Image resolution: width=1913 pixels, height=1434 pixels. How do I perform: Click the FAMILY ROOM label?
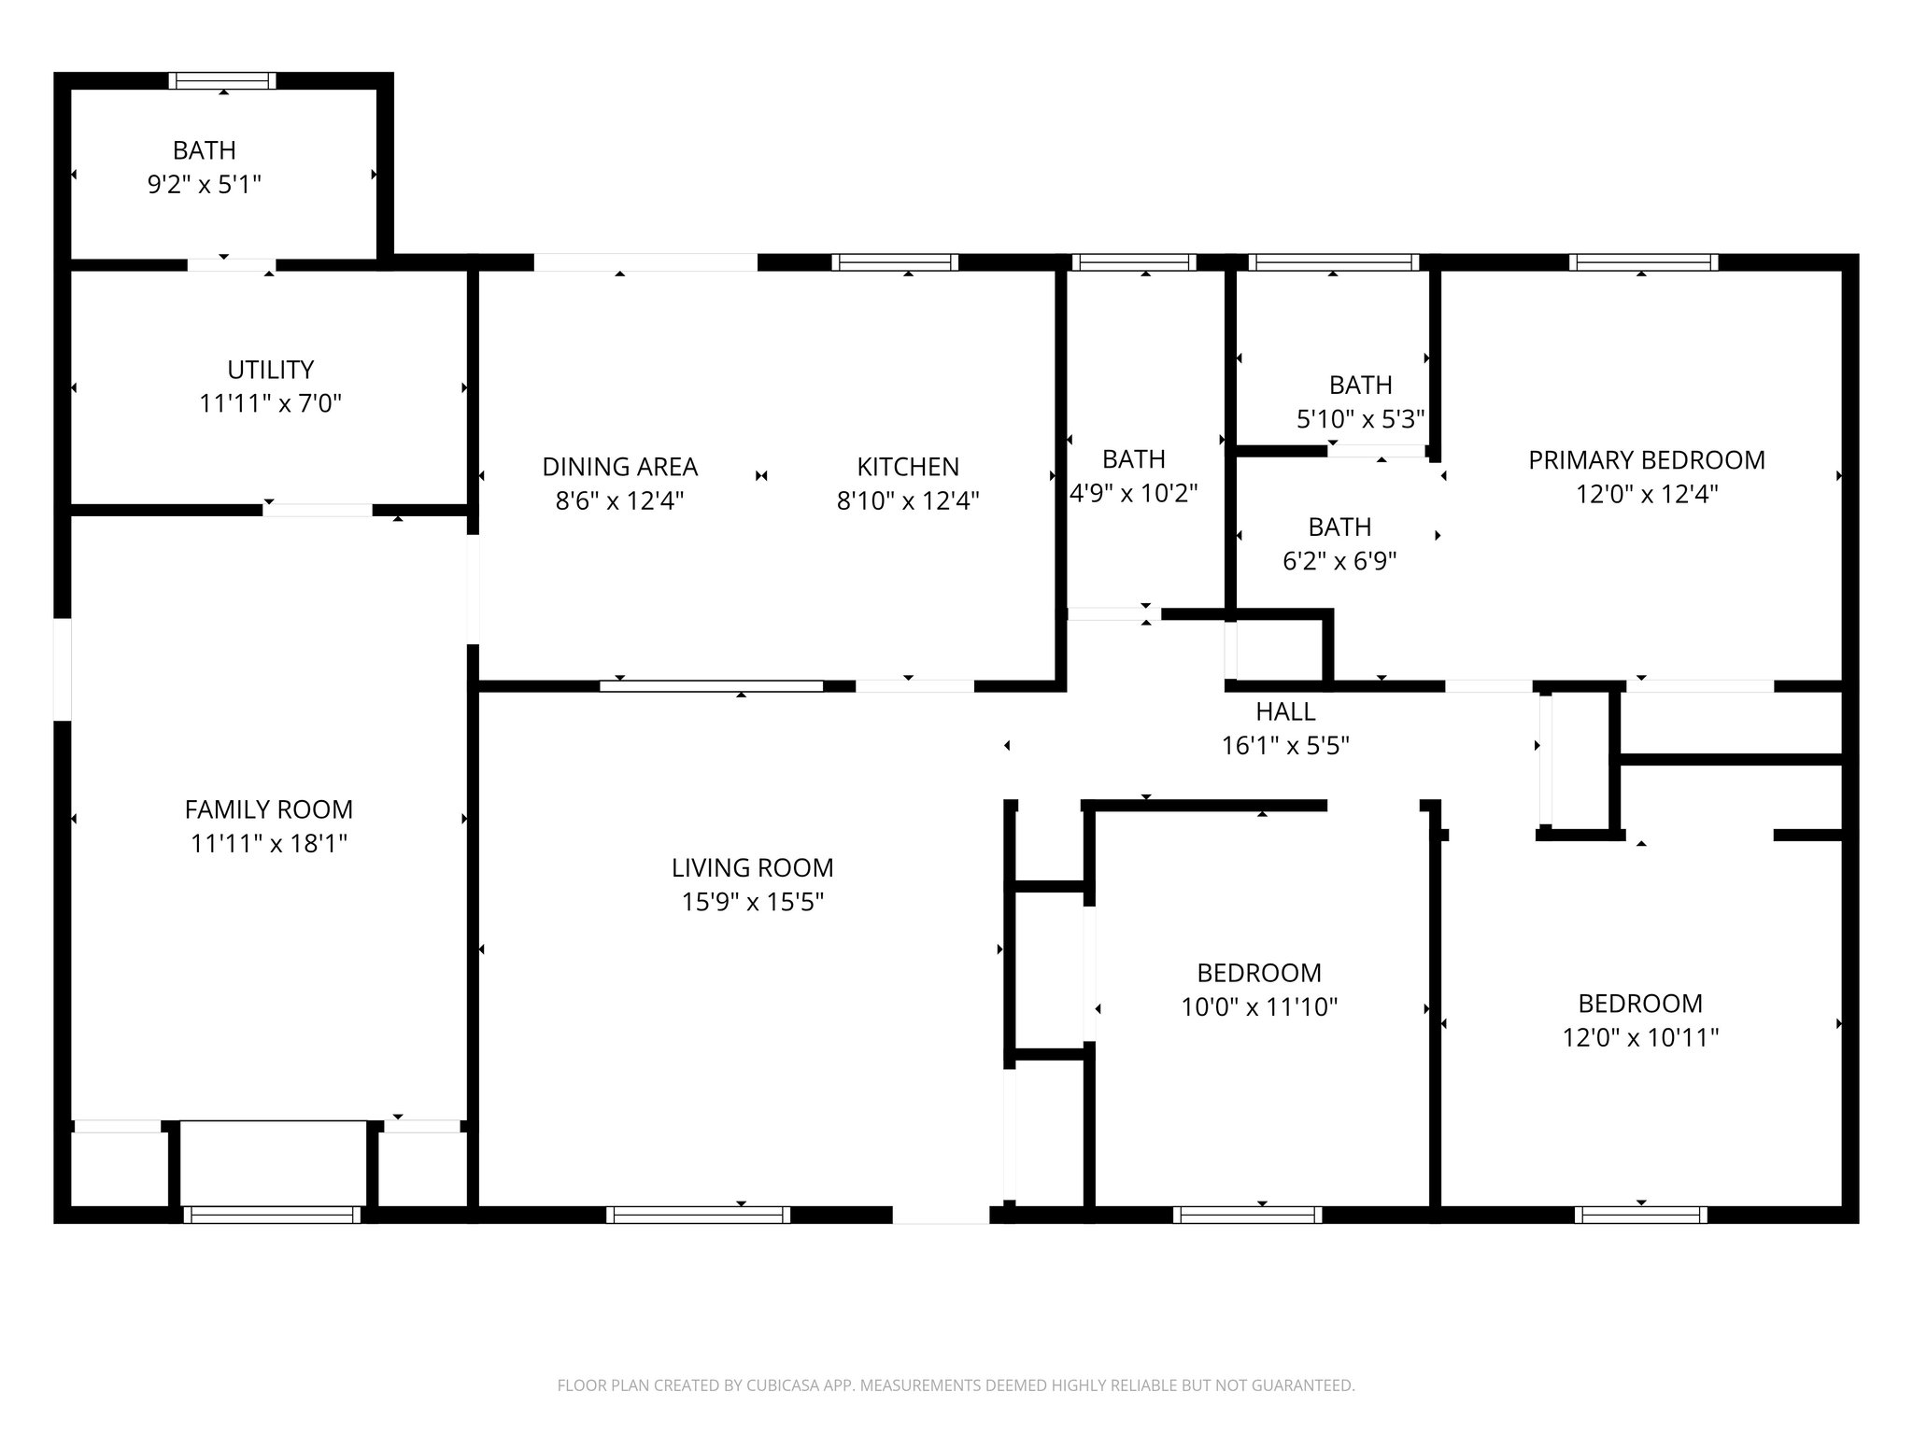[x=268, y=809]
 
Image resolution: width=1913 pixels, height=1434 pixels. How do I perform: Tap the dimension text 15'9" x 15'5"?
[x=752, y=902]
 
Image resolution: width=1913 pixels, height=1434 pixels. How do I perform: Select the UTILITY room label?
[x=270, y=370]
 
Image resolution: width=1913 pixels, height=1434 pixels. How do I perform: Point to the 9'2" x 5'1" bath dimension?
[x=204, y=185]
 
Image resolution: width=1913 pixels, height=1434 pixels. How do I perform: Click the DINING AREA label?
[x=619, y=467]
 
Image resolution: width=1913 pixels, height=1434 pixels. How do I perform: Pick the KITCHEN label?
[x=907, y=467]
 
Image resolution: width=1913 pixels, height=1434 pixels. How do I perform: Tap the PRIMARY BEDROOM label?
[x=1646, y=460]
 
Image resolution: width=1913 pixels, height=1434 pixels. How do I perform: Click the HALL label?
[x=1285, y=712]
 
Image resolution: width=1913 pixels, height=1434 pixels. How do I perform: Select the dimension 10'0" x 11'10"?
[x=1258, y=1007]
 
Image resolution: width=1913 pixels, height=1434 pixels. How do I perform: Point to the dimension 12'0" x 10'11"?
[x=1639, y=1038]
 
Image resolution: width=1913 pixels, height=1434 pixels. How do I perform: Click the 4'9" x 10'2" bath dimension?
[x=1133, y=494]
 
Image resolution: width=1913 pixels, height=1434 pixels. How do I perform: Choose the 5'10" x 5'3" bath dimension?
[x=1360, y=419]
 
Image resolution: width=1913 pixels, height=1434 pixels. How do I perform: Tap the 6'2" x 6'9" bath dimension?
[x=1339, y=561]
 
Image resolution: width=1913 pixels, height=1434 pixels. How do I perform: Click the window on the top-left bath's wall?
[x=222, y=80]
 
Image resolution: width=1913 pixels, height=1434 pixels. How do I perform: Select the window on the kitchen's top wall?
[x=894, y=262]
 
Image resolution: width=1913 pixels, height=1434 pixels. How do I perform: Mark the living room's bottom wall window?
[x=697, y=1215]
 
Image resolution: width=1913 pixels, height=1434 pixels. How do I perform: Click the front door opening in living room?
[x=941, y=1215]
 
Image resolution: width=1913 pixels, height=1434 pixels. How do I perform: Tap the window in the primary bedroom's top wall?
[x=1643, y=262]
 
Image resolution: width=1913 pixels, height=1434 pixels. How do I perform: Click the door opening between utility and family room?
[x=318, y=510]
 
